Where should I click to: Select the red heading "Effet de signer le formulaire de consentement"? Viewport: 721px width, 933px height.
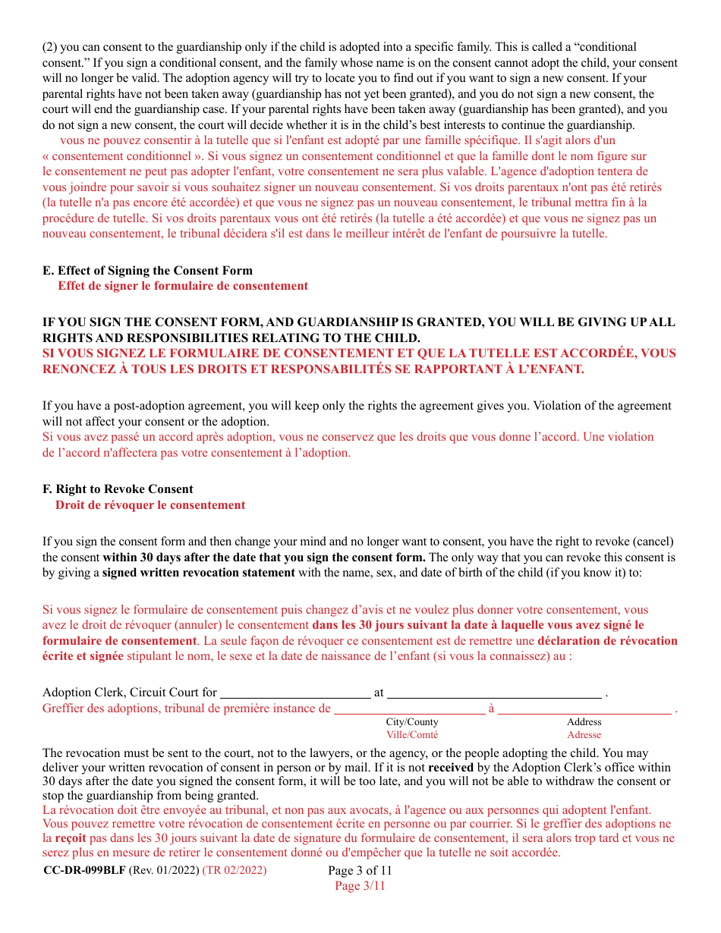tap(183, 286)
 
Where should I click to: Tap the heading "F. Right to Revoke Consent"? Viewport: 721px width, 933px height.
tap(118, 489)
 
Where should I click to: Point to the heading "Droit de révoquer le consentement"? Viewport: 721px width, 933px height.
tap(150, 505)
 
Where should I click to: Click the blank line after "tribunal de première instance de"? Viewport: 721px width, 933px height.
tap(410, 710)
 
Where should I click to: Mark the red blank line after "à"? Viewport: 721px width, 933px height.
tap(584, 710)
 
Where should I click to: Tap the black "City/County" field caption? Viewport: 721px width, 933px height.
tap(412, 722)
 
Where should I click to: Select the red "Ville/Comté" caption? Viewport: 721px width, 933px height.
tap(412, 734)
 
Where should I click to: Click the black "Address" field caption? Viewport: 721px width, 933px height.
tap(584, 722)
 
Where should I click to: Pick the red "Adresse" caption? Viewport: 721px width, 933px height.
tap(584, 734)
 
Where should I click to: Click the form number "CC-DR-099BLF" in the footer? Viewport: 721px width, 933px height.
tap(84, 870)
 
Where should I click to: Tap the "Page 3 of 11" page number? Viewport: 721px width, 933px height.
tap(360, 870)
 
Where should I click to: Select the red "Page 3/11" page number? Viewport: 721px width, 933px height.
tap(360, 885)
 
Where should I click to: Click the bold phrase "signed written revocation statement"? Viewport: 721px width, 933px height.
tap(199, 573)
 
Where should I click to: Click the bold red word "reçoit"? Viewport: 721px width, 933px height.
tap(71, 838)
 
